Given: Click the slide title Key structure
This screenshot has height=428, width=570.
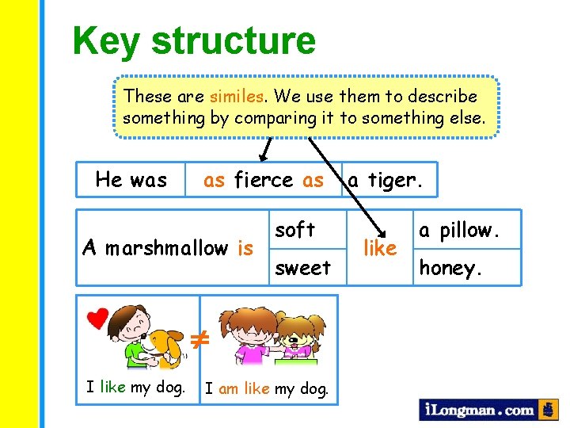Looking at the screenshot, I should point(194,40).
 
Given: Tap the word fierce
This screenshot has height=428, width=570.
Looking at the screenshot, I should point(264,181).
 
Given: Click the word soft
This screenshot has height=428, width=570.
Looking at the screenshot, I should point(294,230).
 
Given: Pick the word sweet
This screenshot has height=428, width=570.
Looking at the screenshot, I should point(302,268).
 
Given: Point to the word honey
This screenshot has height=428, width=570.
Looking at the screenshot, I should point(450,269).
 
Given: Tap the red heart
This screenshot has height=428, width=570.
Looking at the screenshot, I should point(97,319).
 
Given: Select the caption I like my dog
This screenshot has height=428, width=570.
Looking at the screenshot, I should point(136,388).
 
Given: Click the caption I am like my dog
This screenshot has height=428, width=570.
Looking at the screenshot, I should point(267,388).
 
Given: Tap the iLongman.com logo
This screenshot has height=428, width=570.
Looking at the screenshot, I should point(478,410).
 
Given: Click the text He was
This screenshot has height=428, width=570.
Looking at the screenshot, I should point(131,180).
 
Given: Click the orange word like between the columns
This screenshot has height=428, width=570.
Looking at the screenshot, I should point(379,249).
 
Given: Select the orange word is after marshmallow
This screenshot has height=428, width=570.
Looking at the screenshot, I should point(245,249).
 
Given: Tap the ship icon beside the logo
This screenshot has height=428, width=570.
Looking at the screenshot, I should point(548,409).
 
